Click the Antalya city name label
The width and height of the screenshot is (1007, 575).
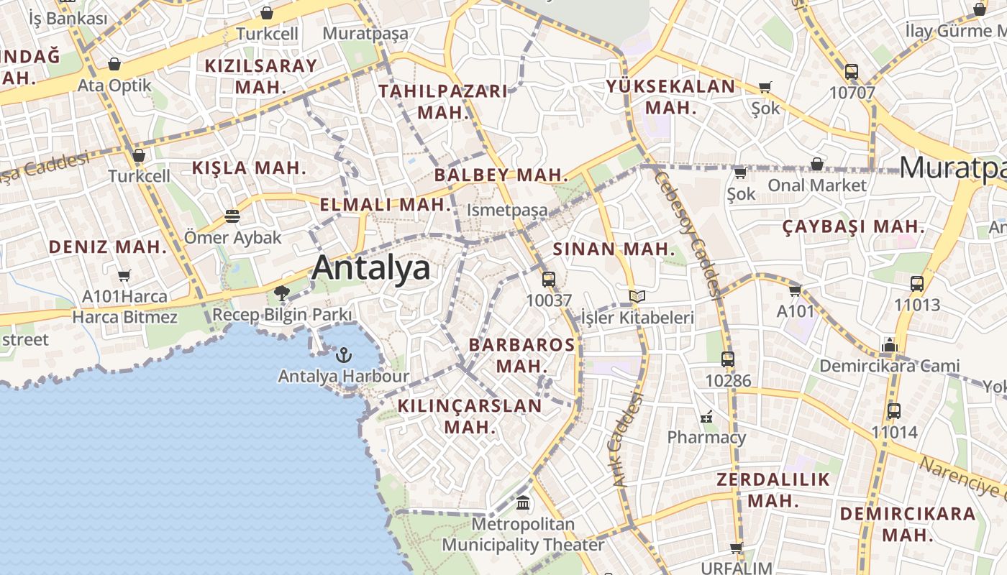[x=371, y=268]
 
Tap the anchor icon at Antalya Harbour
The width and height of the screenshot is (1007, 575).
[x=344, y=355]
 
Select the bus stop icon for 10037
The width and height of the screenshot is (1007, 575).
[x=549, y=280]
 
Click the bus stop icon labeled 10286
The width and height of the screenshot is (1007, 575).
[x=728, y=359]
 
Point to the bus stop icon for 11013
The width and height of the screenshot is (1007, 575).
[x=917, y=284]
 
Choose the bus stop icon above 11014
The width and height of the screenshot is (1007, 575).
[x=894, y=411]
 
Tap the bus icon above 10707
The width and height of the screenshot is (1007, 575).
[x=852, y=72]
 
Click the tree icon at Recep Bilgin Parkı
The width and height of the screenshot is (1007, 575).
[x=281, y=293]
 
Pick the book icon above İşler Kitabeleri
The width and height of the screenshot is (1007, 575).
[x=637, y=296]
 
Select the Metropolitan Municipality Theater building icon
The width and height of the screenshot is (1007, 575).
[x=523, y=503]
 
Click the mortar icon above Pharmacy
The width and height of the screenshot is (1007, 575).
[x=706, y=417]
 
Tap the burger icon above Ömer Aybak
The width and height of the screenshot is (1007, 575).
[x=232, y=216]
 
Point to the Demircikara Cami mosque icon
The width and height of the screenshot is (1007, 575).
[x=890, y=345]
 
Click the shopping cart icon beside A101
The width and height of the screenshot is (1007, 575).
[x=795, y=290]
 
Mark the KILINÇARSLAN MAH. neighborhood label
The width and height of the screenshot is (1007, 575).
[x=470, y=416]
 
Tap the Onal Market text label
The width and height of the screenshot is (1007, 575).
[x=817, y=185]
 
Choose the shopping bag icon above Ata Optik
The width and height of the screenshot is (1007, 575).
[x=114, y=65]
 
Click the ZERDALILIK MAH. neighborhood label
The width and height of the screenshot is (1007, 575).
[x=773, y=489]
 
